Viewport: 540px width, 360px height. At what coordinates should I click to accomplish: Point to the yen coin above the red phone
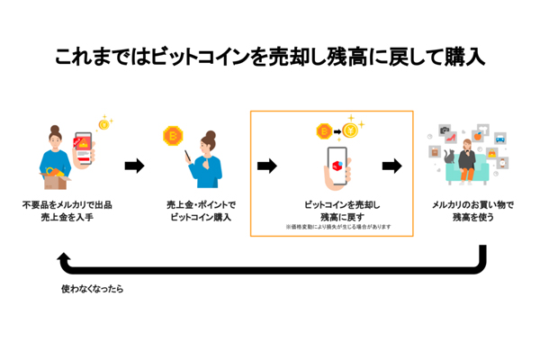tap(103, 124)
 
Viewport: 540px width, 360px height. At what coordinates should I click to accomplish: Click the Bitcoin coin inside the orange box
tap(320, 132)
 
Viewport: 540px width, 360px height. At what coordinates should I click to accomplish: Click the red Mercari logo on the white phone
tap(335, 166)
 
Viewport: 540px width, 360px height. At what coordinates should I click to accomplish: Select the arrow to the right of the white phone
tap(391, 166)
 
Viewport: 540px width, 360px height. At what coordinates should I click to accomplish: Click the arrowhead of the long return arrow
tap(63, 262)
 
